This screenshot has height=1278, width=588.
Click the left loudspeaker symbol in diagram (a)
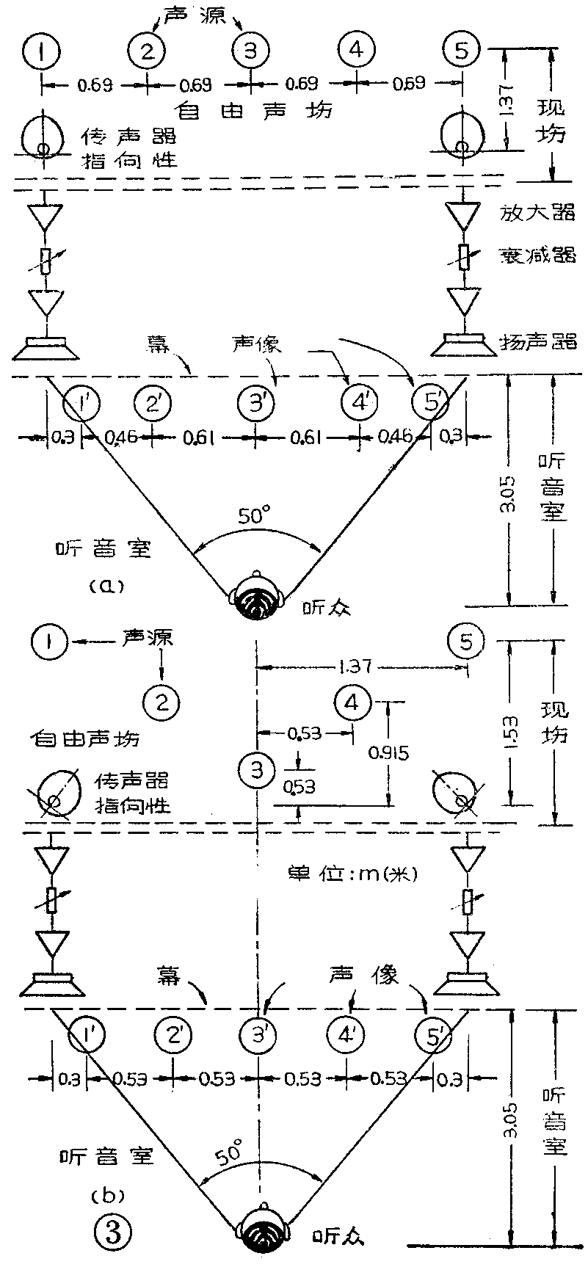coord(46,348)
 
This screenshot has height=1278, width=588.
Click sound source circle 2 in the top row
coord(148,51)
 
